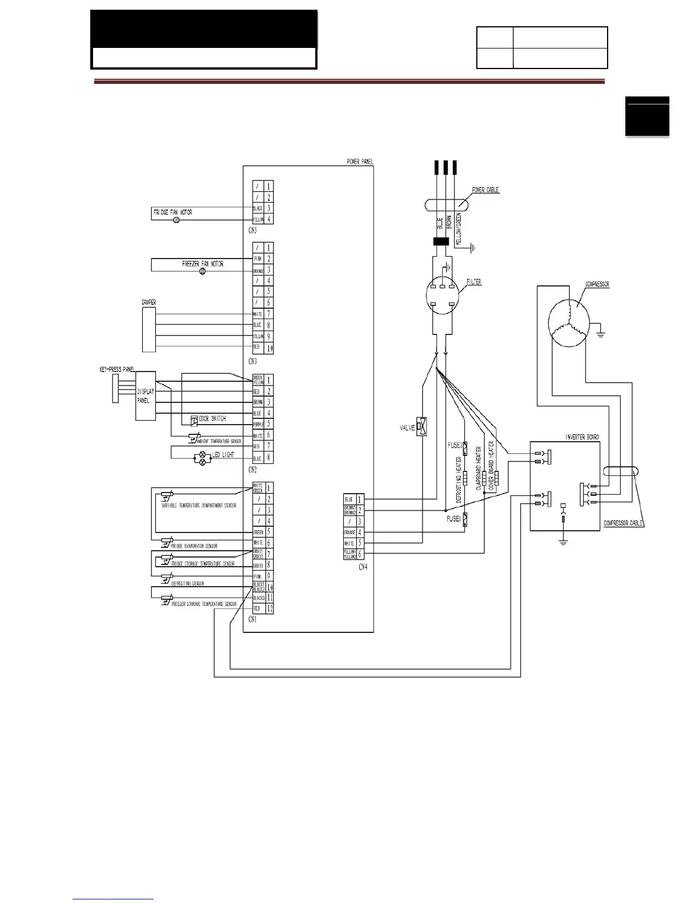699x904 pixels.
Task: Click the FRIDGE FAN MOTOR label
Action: pyautogui.click(x=172, y=212)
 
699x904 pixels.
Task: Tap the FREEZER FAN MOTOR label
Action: pyautogui.click(x=202, y=264)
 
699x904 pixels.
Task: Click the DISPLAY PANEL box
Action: pyautogui.click(x=146, y=396)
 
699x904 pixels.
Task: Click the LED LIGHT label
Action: pyautogui.click(x=223, y=455)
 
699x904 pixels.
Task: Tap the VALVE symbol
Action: pyautogui.click(x=423, y=427)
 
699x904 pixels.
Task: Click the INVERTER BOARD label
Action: pyautogui.click(x=582, y=437)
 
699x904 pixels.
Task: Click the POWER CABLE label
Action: pyautogui.click(x=485, y=190)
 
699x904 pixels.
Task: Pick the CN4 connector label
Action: pyautogui.click(x=363, y=567)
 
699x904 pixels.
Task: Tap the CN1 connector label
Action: pyautogui.click(x=252, y=620)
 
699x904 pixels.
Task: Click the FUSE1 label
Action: pyautogui.click(x=454, y=519)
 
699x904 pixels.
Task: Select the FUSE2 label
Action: pyautogui.click(x=455, y=446)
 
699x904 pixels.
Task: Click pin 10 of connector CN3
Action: pyautogui.click(x=269, y=348)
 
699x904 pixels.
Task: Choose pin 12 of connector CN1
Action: pyautogui.click(x=269, y=608)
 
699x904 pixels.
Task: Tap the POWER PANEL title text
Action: pyautogui.click(x=360, y=162)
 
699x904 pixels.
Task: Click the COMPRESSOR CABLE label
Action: pyautogui.click(x=623, y=523)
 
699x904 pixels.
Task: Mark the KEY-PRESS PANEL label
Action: pyautogui.click(x=117, y=370)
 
